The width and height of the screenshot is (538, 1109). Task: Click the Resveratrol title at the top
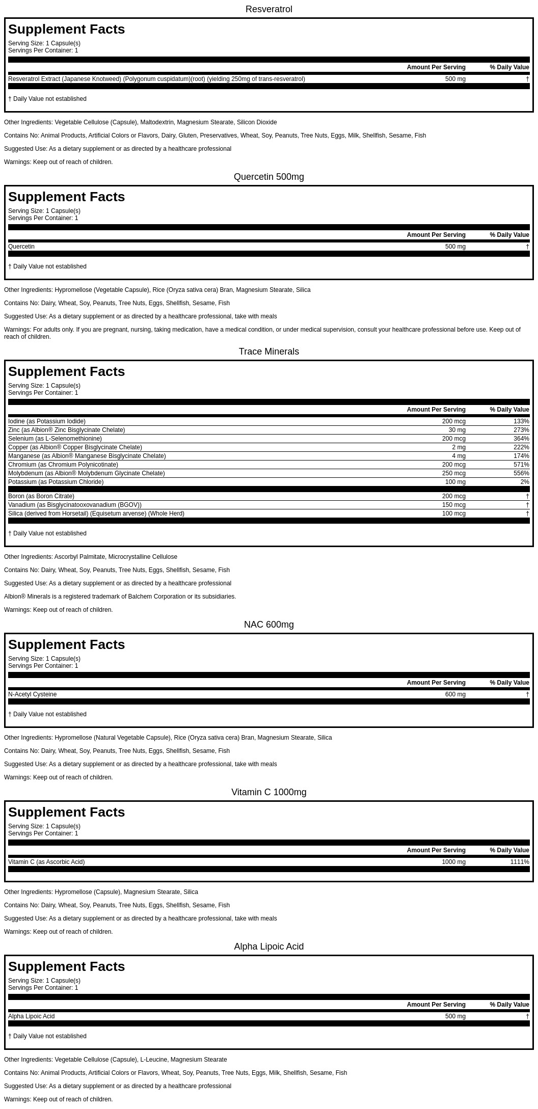tap(268, 9)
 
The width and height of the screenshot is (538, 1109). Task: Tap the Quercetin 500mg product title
tap(268, 177)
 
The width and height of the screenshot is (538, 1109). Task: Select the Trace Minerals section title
tap(268, 351)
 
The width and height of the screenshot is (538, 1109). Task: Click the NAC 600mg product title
tap(268, 625)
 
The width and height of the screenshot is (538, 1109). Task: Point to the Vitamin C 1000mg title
tap(268, 792)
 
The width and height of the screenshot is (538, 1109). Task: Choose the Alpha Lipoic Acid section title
tap(268, 946)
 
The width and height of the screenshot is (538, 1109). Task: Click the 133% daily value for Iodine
tap(521, 421)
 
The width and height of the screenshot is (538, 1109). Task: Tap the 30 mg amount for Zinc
tap(457, 430)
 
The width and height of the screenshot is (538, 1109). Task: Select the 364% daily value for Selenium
tap(521, 439)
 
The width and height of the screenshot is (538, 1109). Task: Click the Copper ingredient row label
tap(75, 447)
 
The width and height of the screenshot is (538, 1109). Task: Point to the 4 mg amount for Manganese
tap(459, 456)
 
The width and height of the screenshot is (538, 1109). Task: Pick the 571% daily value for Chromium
tap(521, 465)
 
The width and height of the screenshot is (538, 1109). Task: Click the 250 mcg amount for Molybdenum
tap(453, 473)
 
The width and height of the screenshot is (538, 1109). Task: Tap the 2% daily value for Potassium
tap(525, 482)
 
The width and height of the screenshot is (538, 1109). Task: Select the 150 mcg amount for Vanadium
tap(453, 505)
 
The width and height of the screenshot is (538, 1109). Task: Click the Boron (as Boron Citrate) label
tap(41, 496)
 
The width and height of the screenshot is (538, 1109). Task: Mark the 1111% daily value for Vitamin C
tap(520, 862)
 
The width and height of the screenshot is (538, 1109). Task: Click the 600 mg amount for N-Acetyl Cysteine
tap(455, 694)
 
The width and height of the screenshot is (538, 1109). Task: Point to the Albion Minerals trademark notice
tap(120, 597)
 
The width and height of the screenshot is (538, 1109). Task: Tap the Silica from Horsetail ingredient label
tap(96, 513)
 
